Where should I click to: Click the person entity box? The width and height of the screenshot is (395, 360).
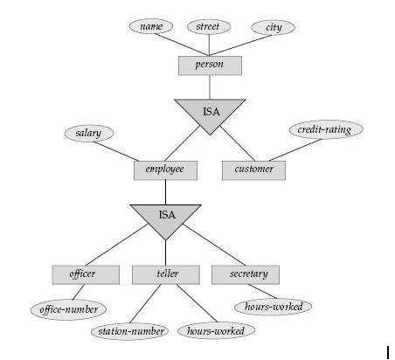209,66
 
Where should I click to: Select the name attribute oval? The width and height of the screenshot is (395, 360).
151,27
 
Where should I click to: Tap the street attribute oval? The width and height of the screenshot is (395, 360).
209,27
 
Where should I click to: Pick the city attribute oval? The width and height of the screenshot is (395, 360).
274,27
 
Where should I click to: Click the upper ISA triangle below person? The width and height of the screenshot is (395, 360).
209,113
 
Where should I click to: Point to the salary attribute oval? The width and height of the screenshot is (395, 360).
88,133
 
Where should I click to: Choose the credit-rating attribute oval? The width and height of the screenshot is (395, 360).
324,129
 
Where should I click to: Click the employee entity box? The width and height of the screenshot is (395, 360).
165,169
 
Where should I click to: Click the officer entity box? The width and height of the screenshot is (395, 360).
84,274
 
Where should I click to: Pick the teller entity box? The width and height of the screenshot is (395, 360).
165,274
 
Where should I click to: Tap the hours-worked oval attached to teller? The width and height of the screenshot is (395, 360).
215,331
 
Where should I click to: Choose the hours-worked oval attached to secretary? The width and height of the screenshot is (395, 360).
274,307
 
